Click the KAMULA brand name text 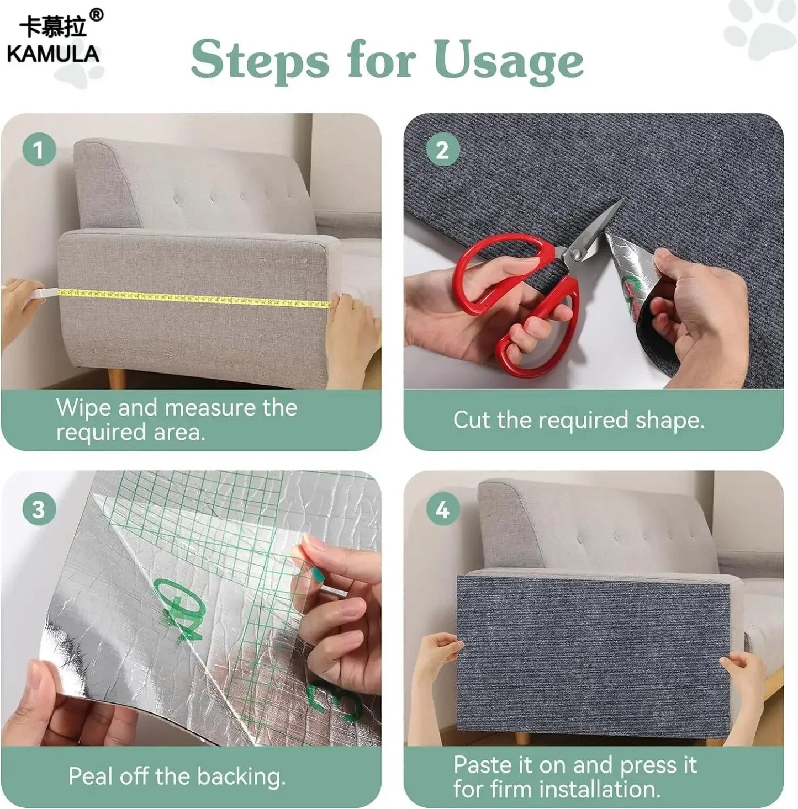[53, 54]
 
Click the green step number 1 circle [39, 150]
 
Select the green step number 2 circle [442, 150]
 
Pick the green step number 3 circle [39, 509]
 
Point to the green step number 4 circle [442, 509]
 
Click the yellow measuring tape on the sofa [193, 298]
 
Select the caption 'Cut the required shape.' [578, 421]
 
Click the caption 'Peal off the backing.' [177, 776]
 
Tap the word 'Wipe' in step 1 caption [83, 408]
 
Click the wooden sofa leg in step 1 [117, 379]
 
